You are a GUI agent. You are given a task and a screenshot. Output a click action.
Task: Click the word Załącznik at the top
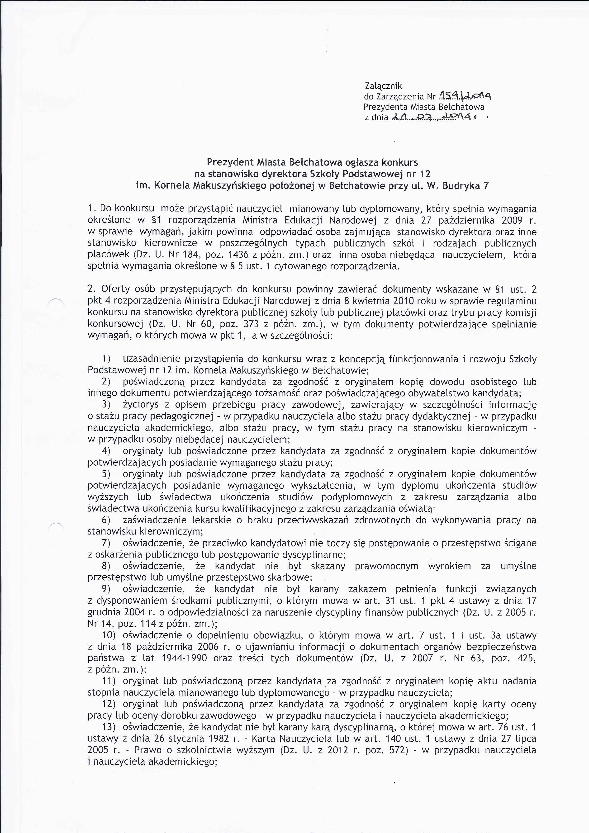coord(383,86)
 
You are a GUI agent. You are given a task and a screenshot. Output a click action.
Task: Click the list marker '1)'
coord(106,359)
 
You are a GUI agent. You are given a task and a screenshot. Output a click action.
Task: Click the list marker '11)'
coord(109,681)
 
